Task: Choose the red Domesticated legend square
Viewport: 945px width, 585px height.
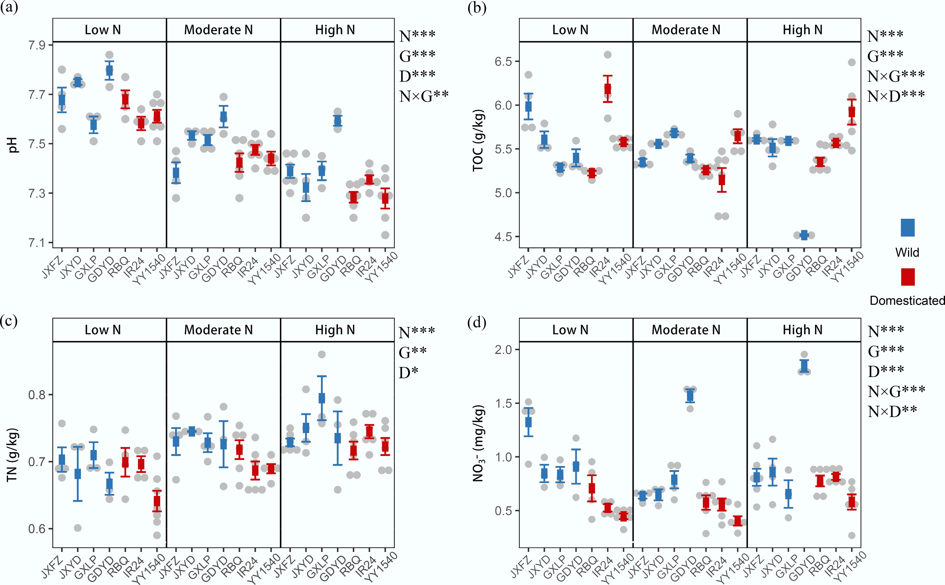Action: point(907,277)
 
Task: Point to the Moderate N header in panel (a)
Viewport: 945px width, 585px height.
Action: point(218,30)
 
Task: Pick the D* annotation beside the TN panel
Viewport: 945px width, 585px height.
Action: point(408,372)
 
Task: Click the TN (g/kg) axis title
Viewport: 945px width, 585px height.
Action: point(12,454)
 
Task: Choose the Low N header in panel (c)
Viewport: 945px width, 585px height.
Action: point(102,330)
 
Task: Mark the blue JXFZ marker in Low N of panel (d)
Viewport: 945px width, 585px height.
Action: point(528,422)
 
